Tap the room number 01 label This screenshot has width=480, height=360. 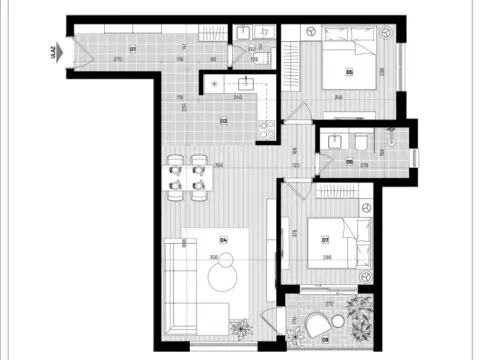pos(133,48)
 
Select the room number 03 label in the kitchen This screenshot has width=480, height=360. pos(224,120)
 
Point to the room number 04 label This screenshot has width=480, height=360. pos(224,240)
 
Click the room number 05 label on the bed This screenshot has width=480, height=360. pos(349,71)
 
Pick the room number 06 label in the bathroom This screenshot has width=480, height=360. pos(349,159)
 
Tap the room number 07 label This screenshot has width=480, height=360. pos(326,239)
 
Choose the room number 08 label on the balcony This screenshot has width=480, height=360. pos(325,340)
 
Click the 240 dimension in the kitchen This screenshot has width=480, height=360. pos(237,98)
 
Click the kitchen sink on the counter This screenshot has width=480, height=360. pos(245,85)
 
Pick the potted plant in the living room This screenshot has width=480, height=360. pos(241,326)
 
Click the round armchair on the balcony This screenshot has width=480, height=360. pos(319,324)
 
